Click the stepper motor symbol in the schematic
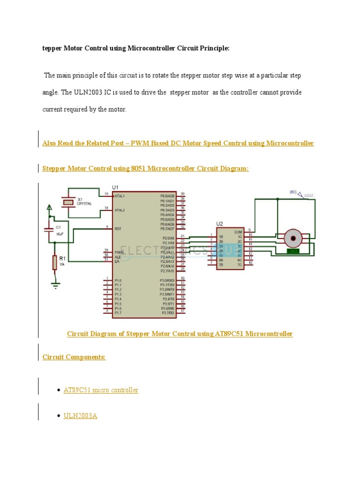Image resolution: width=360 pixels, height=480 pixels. pyautogui.click(x=294, y=238)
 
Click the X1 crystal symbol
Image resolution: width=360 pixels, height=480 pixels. pyautogui.click(x=69, y=202)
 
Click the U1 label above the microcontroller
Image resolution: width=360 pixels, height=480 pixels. pyautogui.click(x=116, y=187)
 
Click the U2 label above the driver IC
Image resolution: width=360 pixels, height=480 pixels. pyautogui.click(x=219, y=224)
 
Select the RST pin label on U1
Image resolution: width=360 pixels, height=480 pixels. pyautogui.click(x=118, y=229)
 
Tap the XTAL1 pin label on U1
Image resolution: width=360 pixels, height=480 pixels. pyautogui.click(x=120, y=196)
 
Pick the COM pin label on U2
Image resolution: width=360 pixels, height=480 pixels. pyautogui.click(x=238, y=232)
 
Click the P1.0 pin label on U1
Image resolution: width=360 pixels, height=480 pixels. pyautogui.click(x=118, y=280)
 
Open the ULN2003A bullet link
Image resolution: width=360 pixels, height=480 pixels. pyautogui.click(x=80, y=415)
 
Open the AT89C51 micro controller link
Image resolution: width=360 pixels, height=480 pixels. pyautogui.click(x=101, y=390)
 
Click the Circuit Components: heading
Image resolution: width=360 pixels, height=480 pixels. pyautogui.click(x=74, y=357)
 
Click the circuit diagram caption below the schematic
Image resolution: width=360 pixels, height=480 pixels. pyautogui.click(x=180, y=334)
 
